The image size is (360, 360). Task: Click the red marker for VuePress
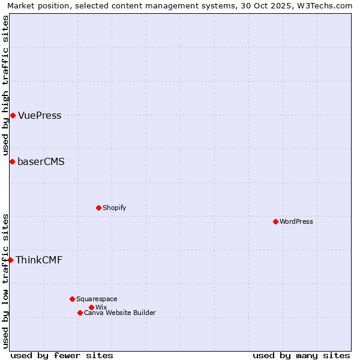[13, 115]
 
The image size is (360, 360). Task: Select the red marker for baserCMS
[12, 161]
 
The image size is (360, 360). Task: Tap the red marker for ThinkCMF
[10, 260]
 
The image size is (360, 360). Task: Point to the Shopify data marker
[98, 208]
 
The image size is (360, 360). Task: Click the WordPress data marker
[275, 221]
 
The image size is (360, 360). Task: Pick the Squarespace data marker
[72, 299]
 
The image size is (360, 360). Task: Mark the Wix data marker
[91, 307]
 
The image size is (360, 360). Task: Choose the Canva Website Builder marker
[80, 313]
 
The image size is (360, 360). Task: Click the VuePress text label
[40, 116]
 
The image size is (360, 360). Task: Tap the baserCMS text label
[41, 162]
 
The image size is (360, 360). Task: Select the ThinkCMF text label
[39, 260]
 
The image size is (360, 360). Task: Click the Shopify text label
[115, 208]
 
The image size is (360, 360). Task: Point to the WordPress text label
[296, 221]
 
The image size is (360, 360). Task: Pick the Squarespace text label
[97, 299]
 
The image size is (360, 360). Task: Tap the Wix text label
[101, 307]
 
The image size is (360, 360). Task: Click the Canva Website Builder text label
[120, 313]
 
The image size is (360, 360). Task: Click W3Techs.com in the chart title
[327, 5]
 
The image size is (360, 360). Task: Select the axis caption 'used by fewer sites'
[62, 355]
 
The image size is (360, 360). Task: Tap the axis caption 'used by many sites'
[301, 355]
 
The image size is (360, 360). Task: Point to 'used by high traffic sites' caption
[5, 85]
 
